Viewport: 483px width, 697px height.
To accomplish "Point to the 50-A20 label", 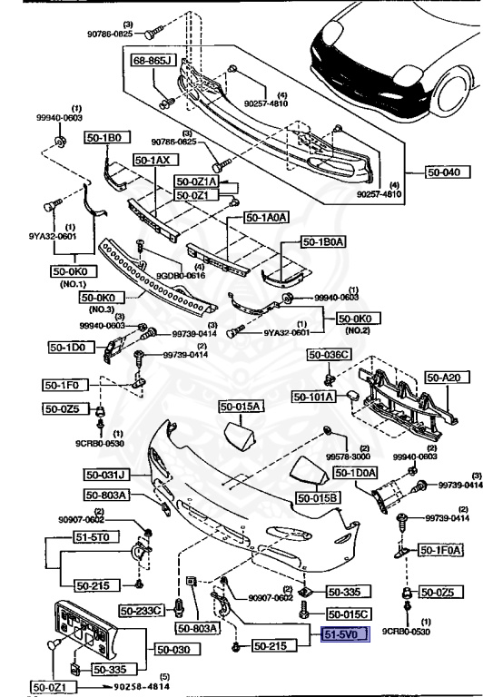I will [x=444, y=377].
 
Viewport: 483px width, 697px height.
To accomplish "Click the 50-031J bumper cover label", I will [x=108, y=475].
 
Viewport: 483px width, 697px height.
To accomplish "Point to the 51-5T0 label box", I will [x=66, y=537].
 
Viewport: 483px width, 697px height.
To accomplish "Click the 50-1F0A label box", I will [x=440, y=550].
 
